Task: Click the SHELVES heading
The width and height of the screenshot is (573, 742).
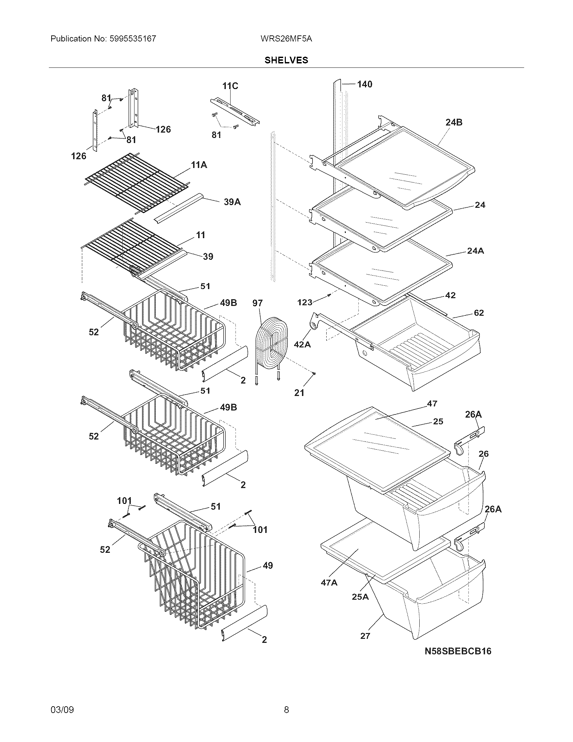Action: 286,60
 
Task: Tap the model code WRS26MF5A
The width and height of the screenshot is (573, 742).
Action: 286,39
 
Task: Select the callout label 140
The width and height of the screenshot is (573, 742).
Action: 365,84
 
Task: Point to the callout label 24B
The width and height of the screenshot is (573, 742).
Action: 454,122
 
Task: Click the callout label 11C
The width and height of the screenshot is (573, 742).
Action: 230,86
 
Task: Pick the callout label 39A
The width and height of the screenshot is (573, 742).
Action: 232,202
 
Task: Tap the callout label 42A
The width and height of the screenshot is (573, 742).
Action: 302,344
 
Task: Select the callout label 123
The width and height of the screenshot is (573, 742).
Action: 304,302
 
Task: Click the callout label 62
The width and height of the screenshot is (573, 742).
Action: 479,313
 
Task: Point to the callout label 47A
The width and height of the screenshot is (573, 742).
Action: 329,583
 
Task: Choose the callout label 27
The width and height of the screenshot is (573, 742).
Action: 365,635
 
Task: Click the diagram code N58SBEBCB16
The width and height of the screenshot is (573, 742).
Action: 458,651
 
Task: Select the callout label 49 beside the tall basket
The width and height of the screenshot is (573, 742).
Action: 268,566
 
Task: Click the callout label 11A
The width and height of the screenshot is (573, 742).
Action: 199,165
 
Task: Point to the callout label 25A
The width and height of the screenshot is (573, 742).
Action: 360,597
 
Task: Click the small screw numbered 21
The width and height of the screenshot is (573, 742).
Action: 315,374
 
